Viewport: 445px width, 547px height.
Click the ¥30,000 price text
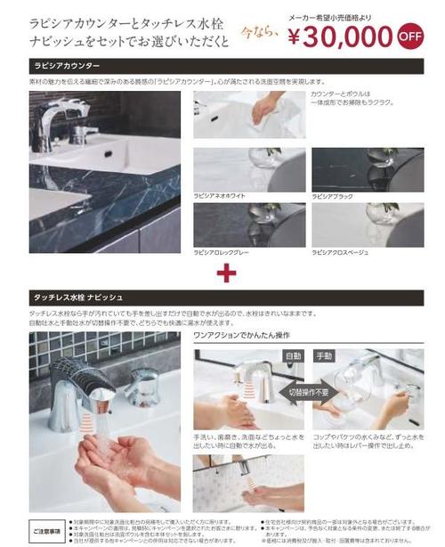(x=342, y=36)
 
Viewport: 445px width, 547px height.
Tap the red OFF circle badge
(x=410, y=38)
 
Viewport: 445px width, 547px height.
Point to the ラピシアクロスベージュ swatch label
(x=339, y=253)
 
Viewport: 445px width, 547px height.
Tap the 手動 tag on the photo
(x=326, y=355)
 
